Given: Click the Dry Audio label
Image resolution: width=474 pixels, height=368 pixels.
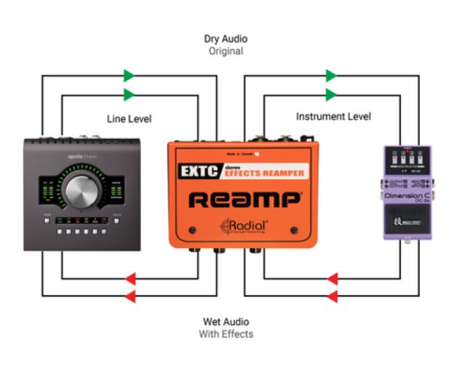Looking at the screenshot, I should coord(226,39).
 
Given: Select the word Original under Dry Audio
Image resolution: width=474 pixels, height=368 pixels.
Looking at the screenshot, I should coord(226,51).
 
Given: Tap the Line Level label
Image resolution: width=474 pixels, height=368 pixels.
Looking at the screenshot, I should coord(129,118).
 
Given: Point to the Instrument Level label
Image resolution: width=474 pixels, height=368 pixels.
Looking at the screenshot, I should coord(333,116).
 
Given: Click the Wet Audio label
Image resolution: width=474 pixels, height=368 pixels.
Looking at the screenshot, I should coord(226,322).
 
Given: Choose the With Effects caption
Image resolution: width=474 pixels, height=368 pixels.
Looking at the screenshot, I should coord(226,334).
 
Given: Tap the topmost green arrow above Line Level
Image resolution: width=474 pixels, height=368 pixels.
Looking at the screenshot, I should coord(129,75).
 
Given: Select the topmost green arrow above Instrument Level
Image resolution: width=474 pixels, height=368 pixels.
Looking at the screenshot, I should coord(331,75).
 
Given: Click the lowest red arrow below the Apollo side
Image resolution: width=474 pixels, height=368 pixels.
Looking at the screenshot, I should coord(131,296).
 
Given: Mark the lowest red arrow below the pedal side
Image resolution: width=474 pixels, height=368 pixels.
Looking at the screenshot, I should coord(333,296).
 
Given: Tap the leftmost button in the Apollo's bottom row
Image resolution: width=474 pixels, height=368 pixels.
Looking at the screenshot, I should coord(46,234).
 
